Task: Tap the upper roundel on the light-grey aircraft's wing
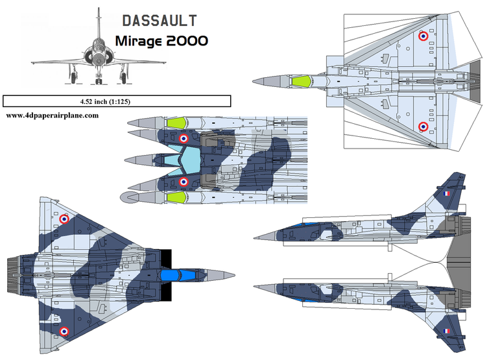coord(423,37)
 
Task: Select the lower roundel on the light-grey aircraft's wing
coord(423,126)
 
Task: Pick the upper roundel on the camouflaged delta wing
coord(64,219)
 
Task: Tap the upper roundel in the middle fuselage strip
coord(184,138)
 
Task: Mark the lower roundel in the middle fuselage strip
coord(184,182)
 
